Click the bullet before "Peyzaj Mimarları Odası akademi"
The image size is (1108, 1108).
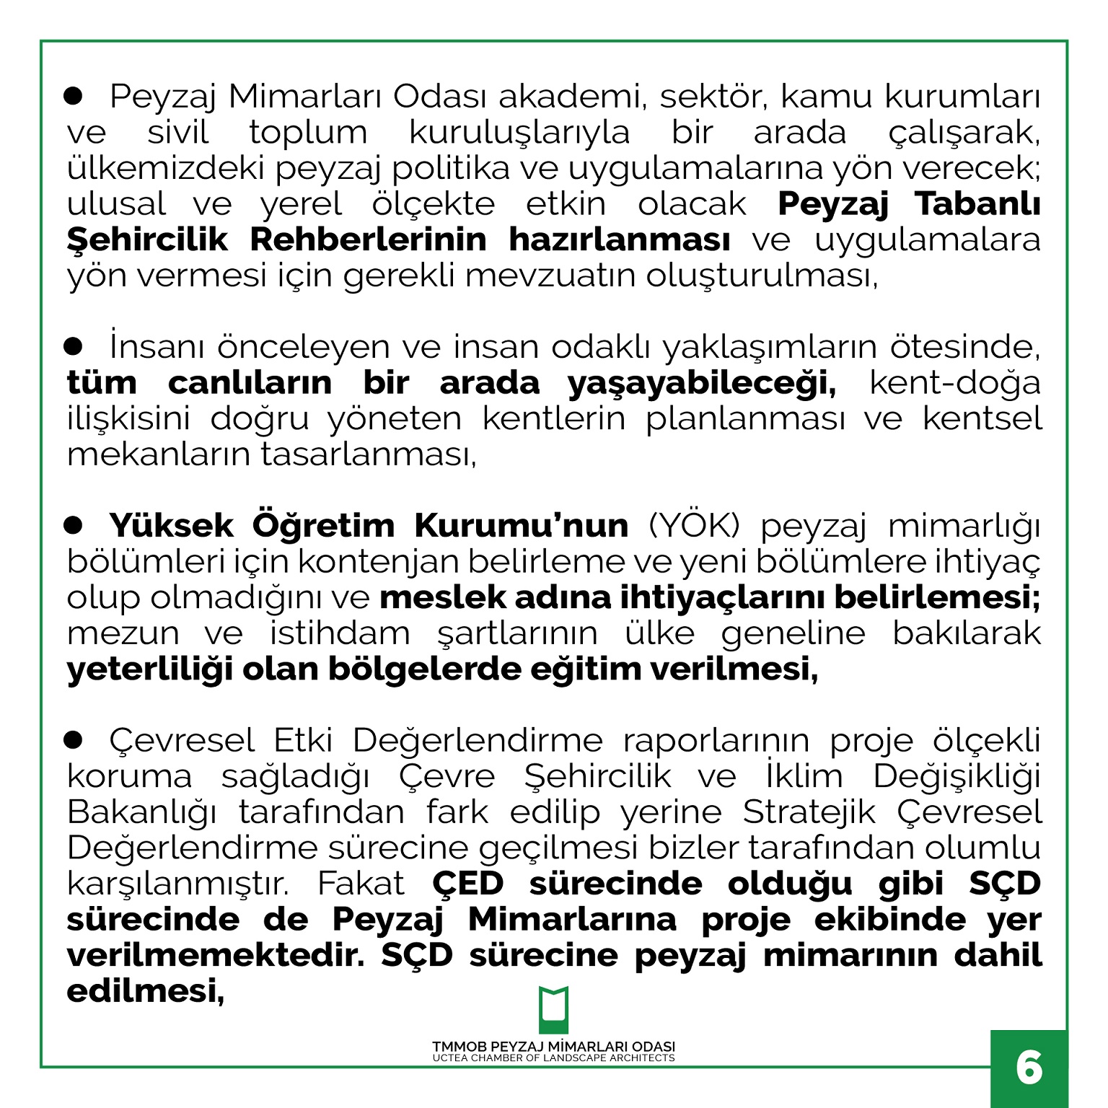click(74, 96)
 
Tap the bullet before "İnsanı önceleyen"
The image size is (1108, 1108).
click(74, 346)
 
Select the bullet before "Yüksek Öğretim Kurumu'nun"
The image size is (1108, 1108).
click(74, 525)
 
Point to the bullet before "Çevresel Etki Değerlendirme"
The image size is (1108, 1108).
click(74, 739)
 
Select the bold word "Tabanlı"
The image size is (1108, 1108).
click(977, 204)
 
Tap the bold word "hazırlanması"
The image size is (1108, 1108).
click(620, 239)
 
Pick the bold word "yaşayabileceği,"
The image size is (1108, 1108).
click(702, 383)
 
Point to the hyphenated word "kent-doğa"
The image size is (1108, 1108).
click(955, 383)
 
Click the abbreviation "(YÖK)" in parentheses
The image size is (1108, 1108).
click(695, 525)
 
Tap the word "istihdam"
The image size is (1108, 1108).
click(340, 633)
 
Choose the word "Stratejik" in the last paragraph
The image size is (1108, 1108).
click(809, 812)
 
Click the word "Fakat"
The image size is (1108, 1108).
click(361, 884)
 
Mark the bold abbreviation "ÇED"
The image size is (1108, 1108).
click(467, 884)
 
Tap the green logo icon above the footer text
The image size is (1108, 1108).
click(553, 1009)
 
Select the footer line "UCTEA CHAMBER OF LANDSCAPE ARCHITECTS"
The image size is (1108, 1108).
click(553, 1058)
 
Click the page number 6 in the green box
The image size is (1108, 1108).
click(1029, 1068)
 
